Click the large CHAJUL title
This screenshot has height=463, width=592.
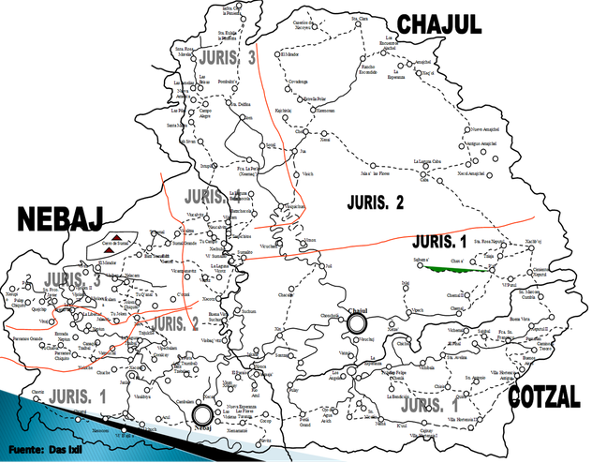[x=439, y=24]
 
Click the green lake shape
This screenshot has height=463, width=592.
[x=457, y=268]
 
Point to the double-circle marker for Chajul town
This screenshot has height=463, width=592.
[x=356, y=322]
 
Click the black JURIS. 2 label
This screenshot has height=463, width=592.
[x=374, y=202]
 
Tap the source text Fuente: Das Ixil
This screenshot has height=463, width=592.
[x=46, y=449]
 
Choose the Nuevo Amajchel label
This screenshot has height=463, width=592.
[x=488, y=129]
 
